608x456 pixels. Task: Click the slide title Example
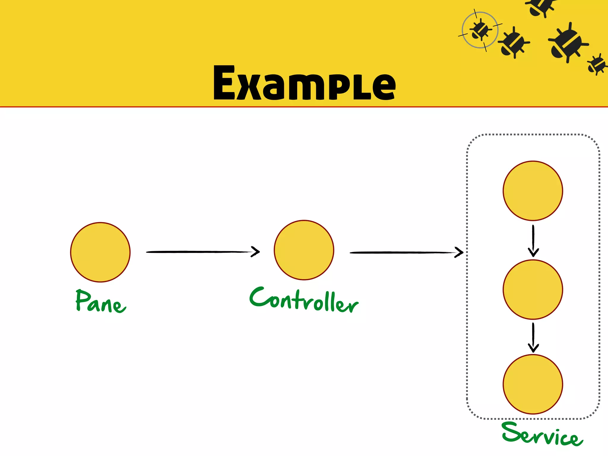pos(304,83)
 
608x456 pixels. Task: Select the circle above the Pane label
pos(100,252)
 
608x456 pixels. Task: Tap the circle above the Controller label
pos(304,250)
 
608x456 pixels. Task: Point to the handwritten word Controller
pos(304,300)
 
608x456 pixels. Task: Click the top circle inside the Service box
pos(533,191)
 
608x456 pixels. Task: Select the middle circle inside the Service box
pos(533,289)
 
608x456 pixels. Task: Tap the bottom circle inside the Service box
pos(533,384)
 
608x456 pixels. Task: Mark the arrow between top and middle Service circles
pos(533,240)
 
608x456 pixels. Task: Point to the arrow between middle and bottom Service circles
pos(533,338)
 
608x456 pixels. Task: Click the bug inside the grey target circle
pos(480,30)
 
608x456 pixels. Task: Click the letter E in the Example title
pos(224,83)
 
